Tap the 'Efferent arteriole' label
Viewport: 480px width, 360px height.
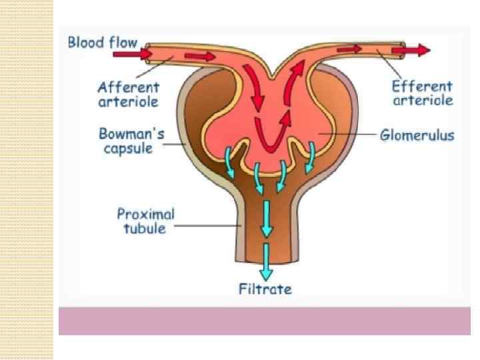423,94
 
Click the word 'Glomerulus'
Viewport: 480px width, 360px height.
417,135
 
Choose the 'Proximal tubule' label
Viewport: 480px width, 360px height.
146,221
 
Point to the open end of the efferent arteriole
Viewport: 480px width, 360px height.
401,49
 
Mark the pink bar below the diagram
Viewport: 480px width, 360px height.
264,321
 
